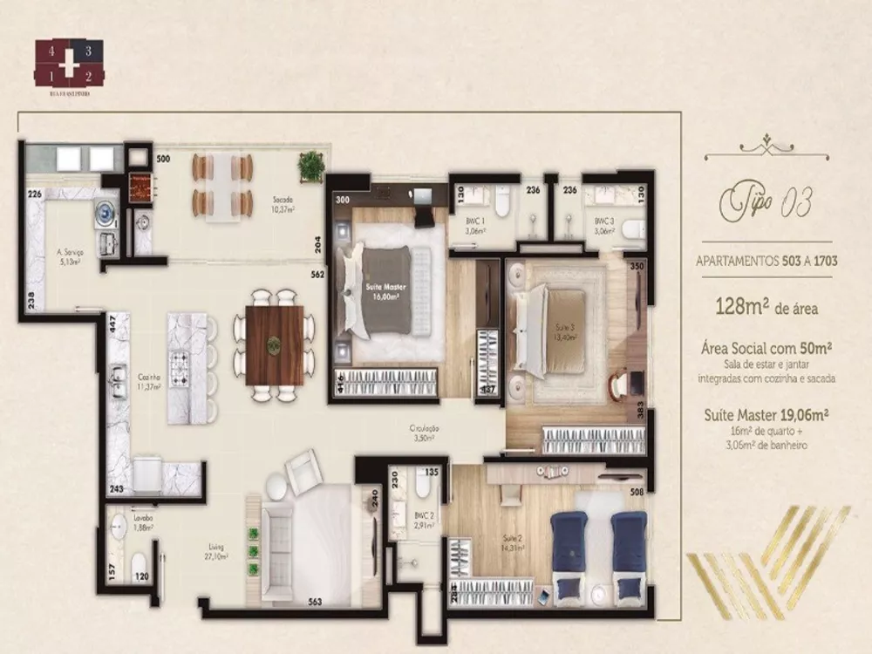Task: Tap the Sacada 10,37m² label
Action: point(281,204)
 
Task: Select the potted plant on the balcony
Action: point(309,163)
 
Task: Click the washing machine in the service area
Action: point(105,211)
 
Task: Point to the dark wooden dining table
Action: point(275,345)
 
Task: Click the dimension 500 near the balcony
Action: point(163,160)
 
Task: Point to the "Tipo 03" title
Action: point(762,206)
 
